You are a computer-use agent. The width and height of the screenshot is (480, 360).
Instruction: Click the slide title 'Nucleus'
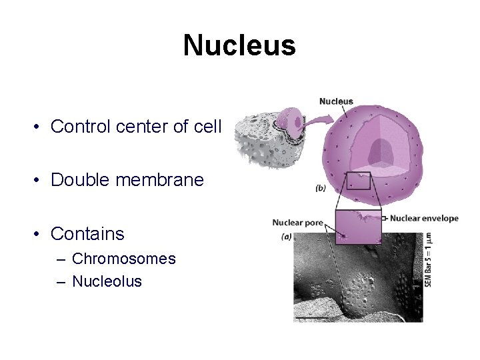point(239,46)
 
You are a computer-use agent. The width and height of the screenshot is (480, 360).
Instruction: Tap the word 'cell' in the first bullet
point(207,126)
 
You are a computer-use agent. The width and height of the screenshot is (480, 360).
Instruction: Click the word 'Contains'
point(87,234)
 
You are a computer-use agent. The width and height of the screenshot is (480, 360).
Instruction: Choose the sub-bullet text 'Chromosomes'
point(123,259)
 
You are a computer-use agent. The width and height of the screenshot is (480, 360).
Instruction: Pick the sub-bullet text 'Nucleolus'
point(107,281)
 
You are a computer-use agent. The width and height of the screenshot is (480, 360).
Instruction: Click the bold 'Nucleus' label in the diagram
point(336,101)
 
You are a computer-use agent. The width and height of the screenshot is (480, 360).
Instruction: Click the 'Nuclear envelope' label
point(424,218)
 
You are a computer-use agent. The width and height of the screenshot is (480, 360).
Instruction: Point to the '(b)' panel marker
point(320,189)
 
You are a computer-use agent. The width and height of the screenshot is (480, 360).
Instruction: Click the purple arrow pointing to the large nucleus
point(313,122)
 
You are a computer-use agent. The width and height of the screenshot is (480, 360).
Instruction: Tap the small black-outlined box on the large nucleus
point(358,181)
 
